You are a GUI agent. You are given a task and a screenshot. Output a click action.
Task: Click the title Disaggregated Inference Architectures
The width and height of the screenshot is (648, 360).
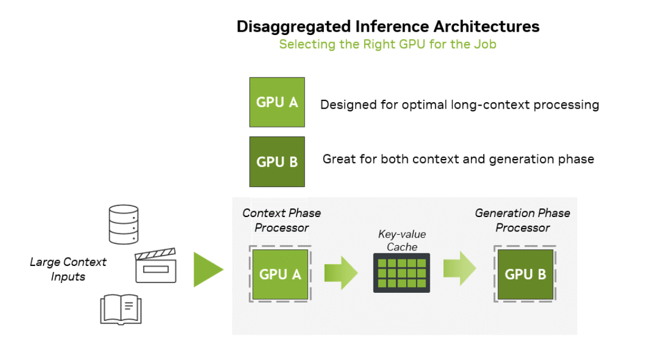[388, 26]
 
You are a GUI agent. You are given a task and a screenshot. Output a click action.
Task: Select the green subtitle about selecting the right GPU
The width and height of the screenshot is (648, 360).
[388, 44]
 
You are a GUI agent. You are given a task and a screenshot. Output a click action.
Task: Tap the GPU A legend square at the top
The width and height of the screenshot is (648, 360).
[277, 102]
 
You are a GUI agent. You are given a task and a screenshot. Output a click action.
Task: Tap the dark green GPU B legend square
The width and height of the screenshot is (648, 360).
[277, 161]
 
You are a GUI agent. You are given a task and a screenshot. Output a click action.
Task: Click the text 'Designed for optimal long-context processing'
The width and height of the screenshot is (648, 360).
[460, 105]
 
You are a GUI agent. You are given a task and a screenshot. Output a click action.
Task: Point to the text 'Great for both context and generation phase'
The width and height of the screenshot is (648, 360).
[458, 159]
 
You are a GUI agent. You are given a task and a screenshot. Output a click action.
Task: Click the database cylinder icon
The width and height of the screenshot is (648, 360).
[124, 224]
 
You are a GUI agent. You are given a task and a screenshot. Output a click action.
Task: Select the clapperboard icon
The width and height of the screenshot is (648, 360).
[156, 266]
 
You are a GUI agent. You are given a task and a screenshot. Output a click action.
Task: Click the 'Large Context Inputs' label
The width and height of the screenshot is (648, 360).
[68, 269]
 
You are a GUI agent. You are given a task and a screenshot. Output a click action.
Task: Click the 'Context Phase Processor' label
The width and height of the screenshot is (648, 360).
[281, 220]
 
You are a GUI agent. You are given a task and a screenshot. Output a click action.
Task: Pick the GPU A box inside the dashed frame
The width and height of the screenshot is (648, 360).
[280, 274]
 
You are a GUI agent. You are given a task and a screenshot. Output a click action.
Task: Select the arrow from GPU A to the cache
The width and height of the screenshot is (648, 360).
[341, 272]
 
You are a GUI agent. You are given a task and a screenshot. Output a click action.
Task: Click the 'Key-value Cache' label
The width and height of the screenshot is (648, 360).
[402, 240]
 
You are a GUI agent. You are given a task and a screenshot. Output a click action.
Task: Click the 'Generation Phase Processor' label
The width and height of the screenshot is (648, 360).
[523, 220]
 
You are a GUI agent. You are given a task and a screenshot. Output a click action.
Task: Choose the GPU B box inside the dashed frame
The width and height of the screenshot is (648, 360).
[525, 274]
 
